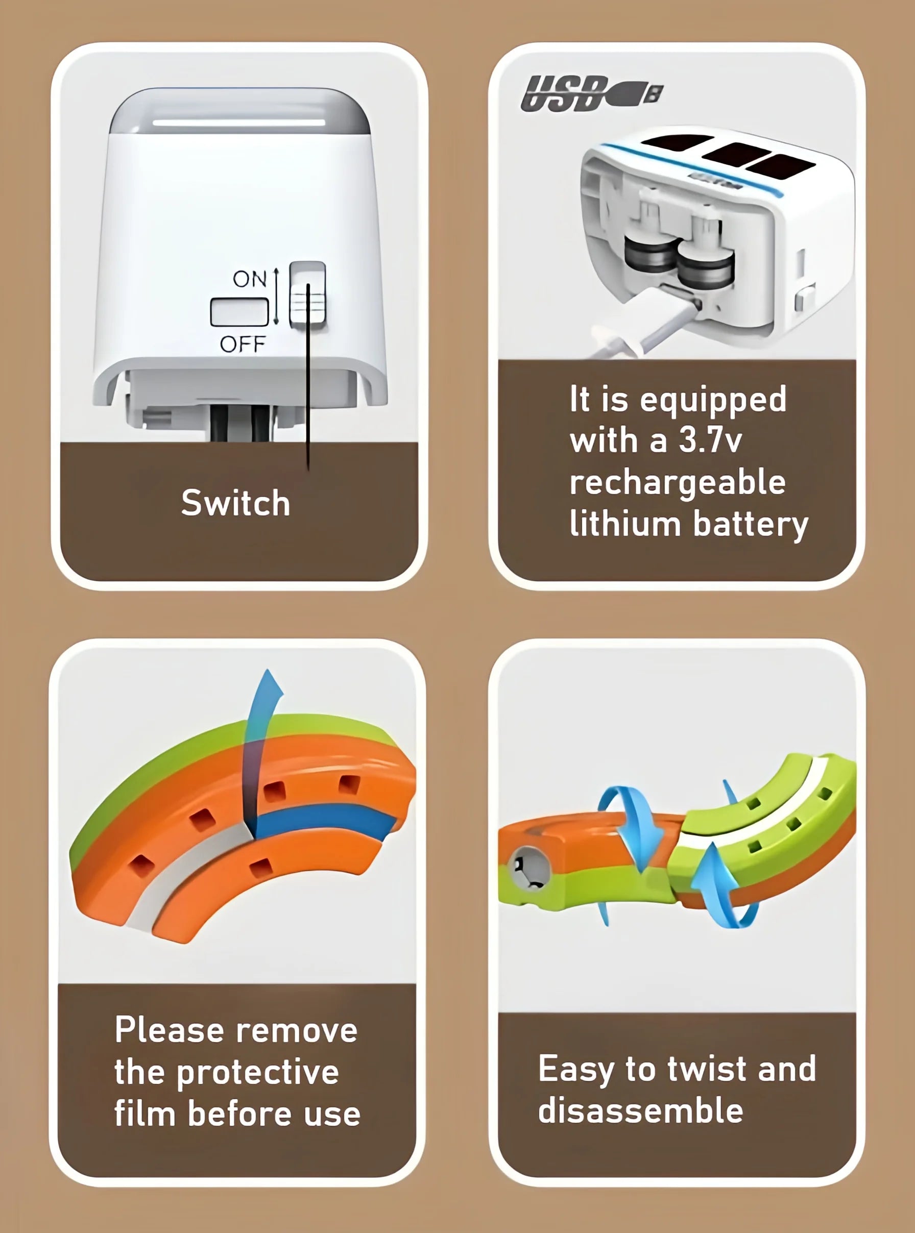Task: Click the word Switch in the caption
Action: (235, 503)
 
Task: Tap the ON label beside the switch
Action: (250, 279)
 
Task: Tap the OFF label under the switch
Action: (243, 344)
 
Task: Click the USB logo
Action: (592, 93)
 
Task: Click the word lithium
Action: (625, 523)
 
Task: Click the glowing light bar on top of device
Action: (239, 122)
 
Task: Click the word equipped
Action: (713, 400)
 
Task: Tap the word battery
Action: (751, 524)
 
